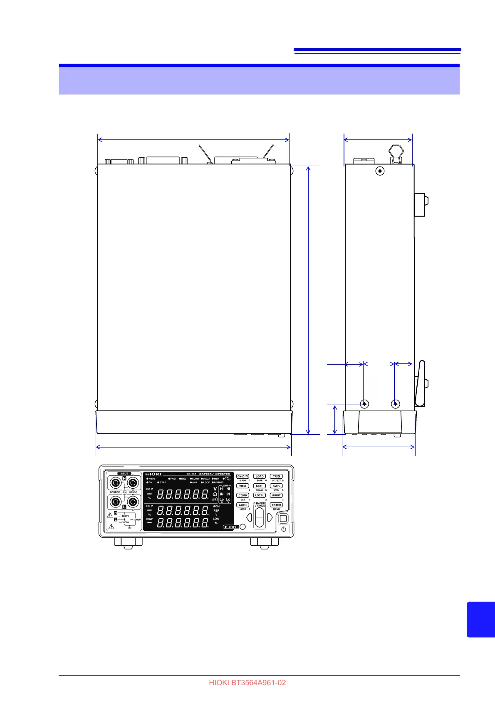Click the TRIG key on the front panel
click(x=276, y=476)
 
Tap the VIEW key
click(x=243, y=486)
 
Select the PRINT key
click(x=276, y=495)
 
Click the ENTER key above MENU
click(x=276, y=505)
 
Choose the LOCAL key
click(x=260, y=495)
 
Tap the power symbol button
click(x=284, y=529)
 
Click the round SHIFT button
click(x=243, y=527)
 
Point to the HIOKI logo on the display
click(x=153, y=474)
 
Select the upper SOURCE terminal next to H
click(x=115, y=483)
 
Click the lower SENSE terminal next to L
click(x=133, y=502)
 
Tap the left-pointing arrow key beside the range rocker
click(x=249, y=517)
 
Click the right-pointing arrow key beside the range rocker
click(x=270, y=517)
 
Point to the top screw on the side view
click(x=380, y=171)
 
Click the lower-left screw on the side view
click(x=364, y=403)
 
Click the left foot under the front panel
click(x=128, y=542)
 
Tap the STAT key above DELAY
click(x=260, y=486)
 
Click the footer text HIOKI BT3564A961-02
click(x=247, y=683)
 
